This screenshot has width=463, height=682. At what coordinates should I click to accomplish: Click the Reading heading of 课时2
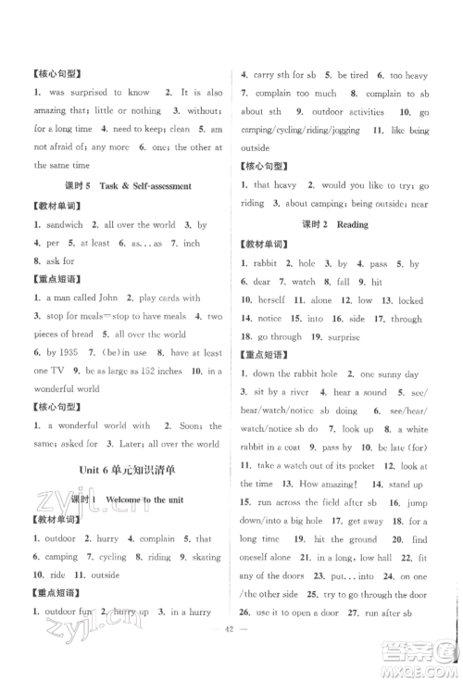click(x=353, y=224)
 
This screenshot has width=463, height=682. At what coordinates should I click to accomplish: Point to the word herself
click(x=268, y=300)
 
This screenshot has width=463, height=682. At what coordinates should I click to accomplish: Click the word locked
click(x=411, y=300)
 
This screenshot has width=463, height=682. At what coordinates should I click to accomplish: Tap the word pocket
click(x=382, y=463)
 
